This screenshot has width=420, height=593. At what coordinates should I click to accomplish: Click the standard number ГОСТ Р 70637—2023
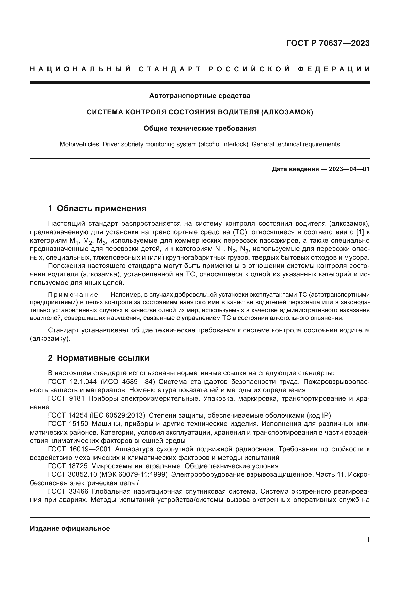pyautogui.click(x=328, y=43)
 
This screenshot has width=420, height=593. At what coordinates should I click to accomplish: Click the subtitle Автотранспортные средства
pyautogui.click(x=200, y=96)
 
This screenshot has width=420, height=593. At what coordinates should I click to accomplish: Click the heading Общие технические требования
pyautogui.click(x=200, y=128)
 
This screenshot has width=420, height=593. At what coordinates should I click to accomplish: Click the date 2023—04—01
pyautogui.click(x=349, y=169)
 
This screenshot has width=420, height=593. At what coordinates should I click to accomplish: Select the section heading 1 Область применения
pyautogui.click(x=97, y=208)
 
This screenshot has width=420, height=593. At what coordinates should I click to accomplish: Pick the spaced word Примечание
pyautogui.click(x=73, y=295)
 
